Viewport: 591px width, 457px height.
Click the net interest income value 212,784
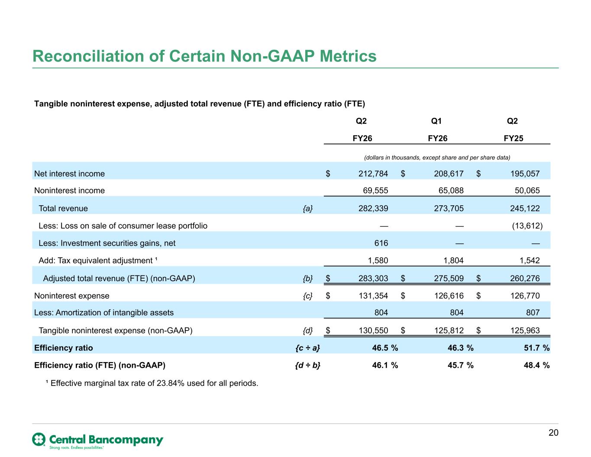(x=373, y=174)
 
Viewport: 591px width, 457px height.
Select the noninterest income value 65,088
(x=451, y=191)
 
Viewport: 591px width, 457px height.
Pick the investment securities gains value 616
(x=381, y=243)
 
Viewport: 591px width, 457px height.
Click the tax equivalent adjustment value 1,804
(x=453, y=260)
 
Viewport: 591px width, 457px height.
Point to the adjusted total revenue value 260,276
(x=525, y=278)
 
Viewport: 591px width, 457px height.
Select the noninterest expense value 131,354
(x=373, y=296)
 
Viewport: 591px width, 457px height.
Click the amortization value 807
(x=533, y=313)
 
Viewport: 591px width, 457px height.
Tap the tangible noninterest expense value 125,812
(x=449, y=331)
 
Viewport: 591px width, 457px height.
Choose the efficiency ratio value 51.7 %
(x=536, y=348)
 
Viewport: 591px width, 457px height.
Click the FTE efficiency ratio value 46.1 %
(x=385, y=365)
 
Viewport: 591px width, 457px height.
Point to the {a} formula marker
(x=307, y=209)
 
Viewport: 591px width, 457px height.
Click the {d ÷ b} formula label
(x=307, y=365)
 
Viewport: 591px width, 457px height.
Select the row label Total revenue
(x=63, y=208)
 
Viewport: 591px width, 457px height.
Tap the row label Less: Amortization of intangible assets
(x=104, y=313)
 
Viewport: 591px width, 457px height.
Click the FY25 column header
(x=513, y=139)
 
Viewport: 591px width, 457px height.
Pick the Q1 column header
(x=436, y=121)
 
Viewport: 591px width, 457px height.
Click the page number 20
(x=553, y=433)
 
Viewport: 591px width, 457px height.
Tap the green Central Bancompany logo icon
(x=39, y=439)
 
